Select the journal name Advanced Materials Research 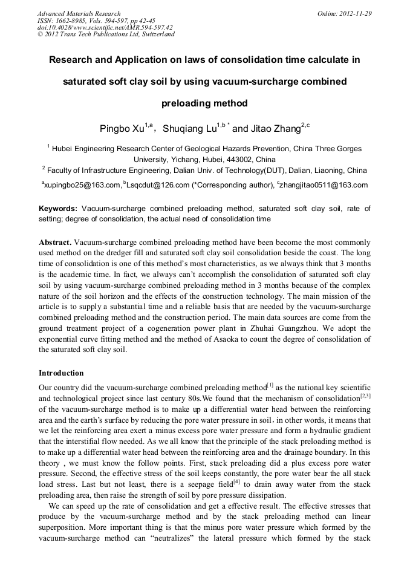[x=79, y=13]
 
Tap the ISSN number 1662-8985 [x=76, y=20]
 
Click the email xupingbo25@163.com [x=81, y=185]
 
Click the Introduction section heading [x=61, y=373]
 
